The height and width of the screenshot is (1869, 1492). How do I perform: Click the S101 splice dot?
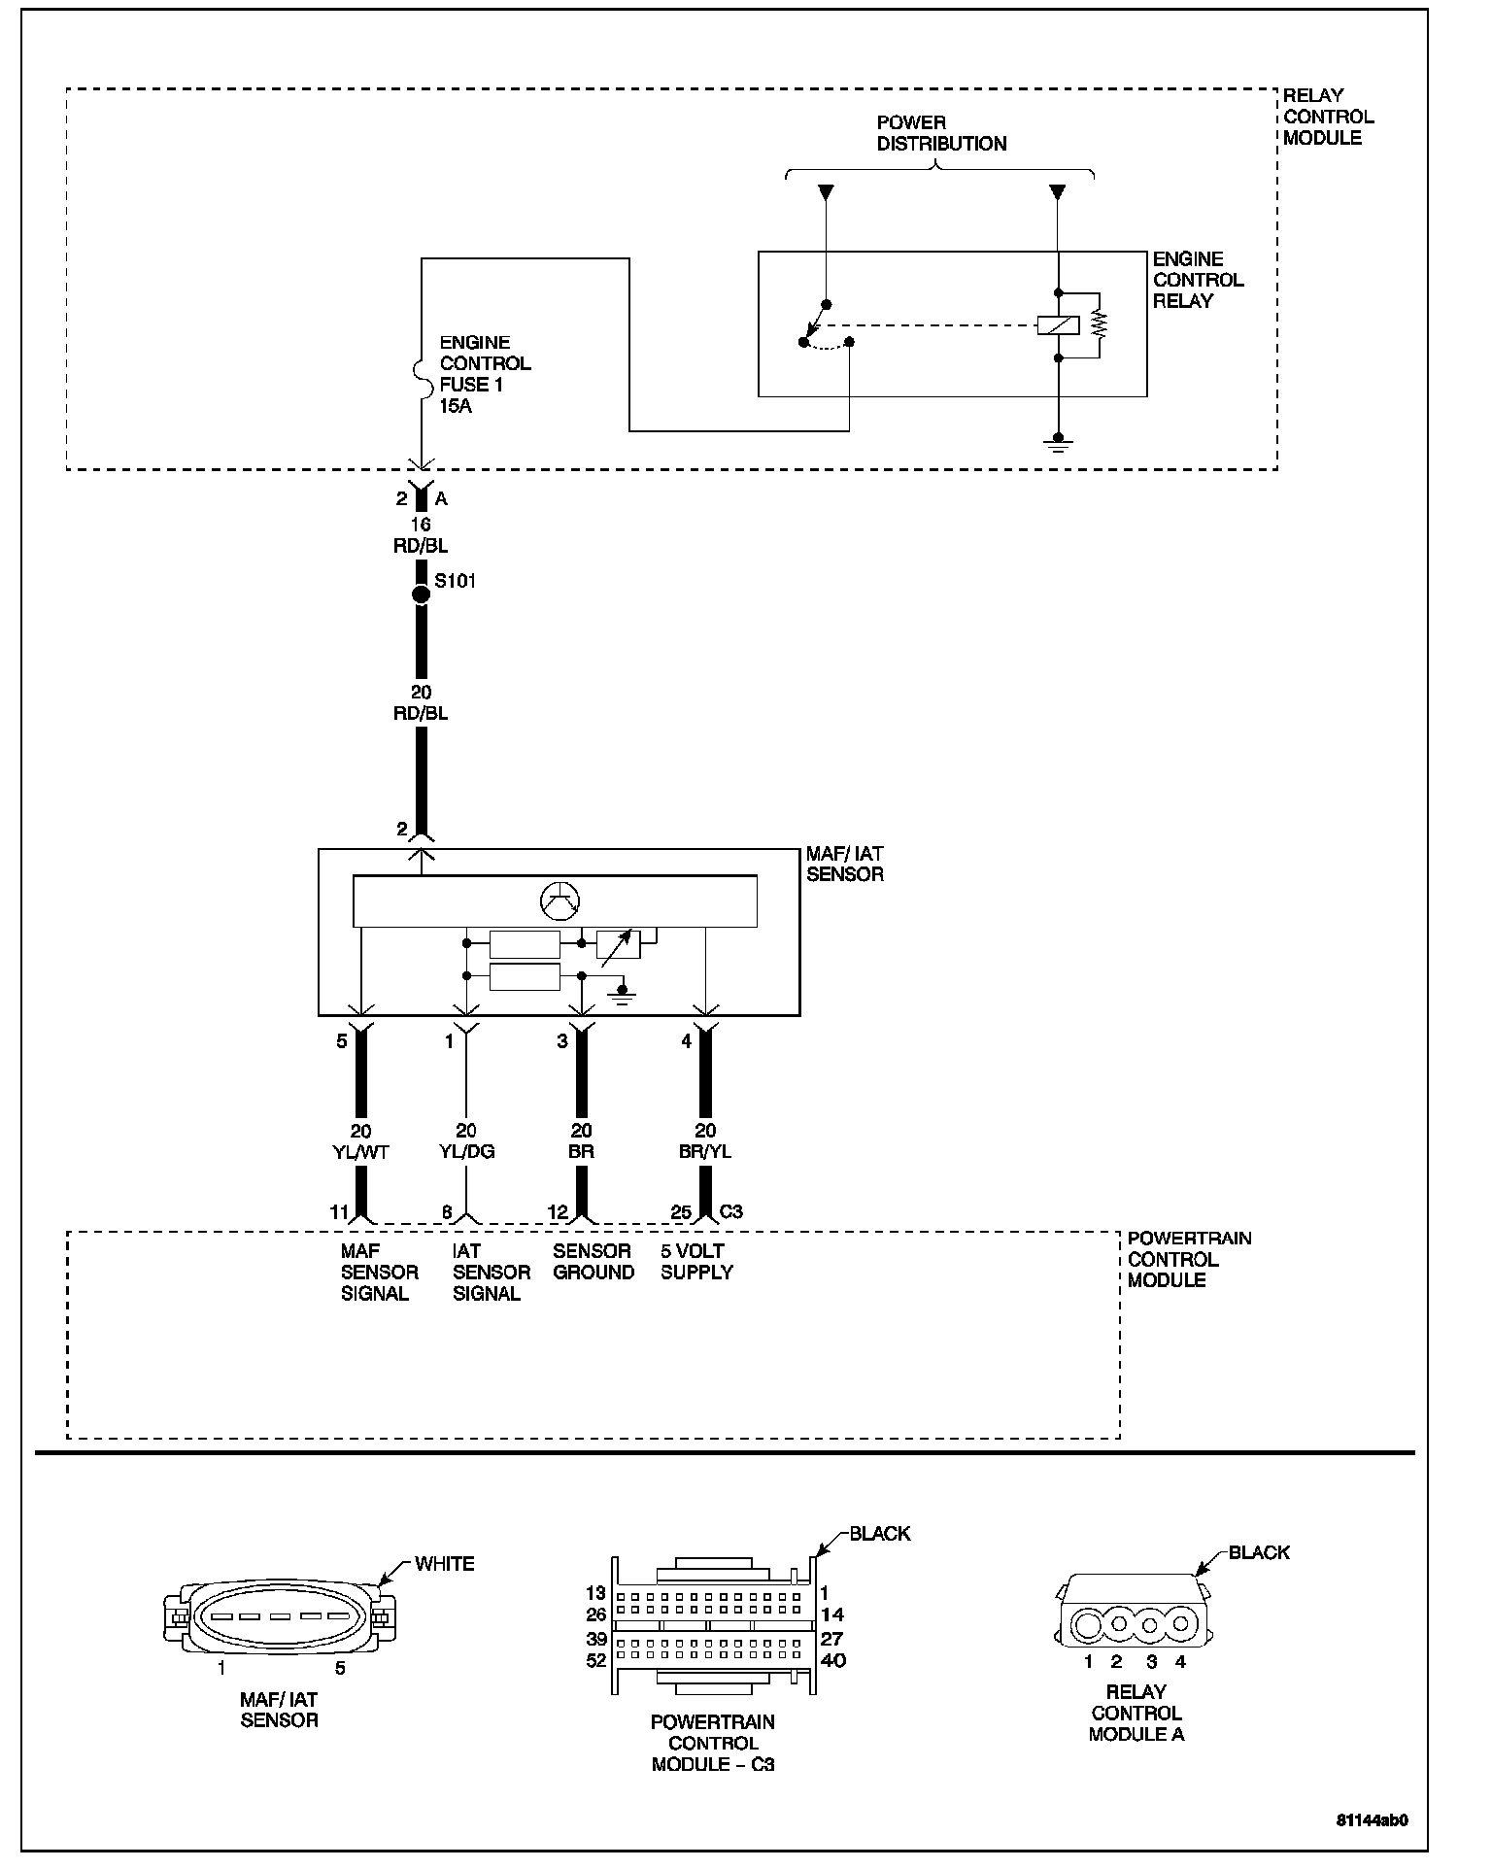[421, 595]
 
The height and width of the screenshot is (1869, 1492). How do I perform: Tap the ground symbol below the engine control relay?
[1059, 444]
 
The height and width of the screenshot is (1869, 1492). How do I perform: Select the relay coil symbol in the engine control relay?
[1059, 326]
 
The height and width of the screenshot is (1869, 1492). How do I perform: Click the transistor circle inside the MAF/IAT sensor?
[559, 902]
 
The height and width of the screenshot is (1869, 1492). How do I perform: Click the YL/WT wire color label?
[360, 1151]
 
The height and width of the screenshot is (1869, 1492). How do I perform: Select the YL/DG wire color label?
[466, 1151]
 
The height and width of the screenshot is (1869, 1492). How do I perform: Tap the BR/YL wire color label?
[705, 1151]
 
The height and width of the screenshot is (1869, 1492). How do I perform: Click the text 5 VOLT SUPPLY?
[696, 1262]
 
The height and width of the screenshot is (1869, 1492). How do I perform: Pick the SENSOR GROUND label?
[593, 1262]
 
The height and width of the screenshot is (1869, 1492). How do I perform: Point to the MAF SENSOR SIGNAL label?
[379, 1273]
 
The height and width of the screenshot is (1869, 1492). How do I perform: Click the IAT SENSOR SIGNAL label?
[492, 1273]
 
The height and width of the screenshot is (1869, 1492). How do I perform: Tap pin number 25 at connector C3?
[681, 1212]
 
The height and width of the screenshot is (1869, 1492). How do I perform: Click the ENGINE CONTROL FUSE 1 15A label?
[485, 374]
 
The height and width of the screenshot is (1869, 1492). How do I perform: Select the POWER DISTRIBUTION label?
[941, 133]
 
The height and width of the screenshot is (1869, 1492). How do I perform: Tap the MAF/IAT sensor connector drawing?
[278, 1617]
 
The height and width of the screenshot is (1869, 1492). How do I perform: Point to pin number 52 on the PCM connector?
[595, 1660]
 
